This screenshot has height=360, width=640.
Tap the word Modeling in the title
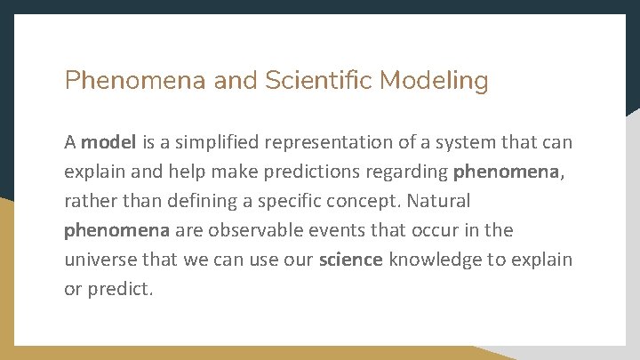tap(434, 81)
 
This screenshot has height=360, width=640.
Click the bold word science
tap(351, 260)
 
